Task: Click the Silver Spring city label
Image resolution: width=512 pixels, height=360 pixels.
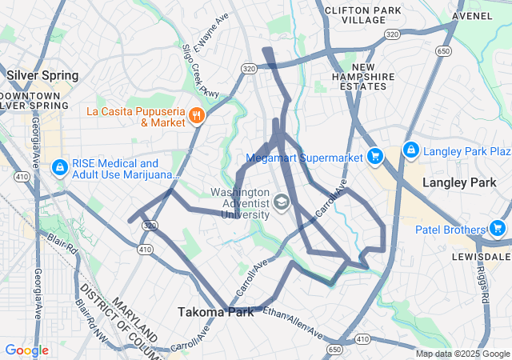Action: click(42, 75)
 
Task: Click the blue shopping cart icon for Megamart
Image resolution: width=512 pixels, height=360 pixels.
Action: click(374, 156)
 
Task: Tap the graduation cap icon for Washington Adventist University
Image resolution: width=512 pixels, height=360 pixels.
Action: click(281, 203)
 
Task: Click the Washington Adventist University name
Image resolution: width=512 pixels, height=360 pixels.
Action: click(239, 204)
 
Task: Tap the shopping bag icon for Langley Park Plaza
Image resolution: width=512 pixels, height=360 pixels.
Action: click(410, 150)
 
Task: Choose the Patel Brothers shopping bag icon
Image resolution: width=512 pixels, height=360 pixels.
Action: click(498, 230)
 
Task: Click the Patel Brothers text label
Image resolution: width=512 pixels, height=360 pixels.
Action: click(450, 230)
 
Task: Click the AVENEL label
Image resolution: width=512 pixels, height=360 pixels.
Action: click(472, 15)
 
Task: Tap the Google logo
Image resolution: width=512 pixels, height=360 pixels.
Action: click(26, 350)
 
